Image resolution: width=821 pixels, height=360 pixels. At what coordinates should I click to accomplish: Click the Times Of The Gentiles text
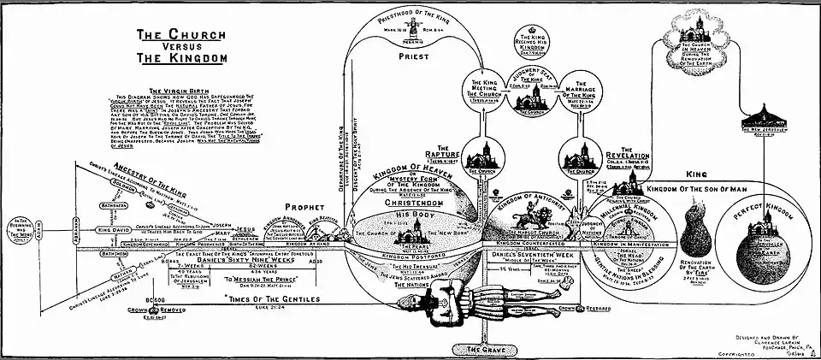coord(269,299)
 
